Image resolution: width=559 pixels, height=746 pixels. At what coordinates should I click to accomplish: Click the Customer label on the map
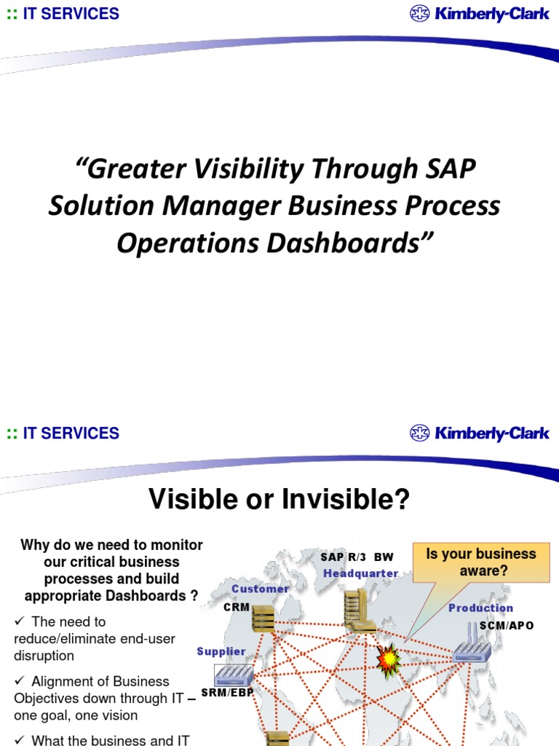261,589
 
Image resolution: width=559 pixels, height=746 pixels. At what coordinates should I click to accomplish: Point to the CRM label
237,606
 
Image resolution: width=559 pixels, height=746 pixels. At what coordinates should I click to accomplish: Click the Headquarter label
361,573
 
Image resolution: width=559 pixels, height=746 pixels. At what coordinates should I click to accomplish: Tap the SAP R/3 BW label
357,557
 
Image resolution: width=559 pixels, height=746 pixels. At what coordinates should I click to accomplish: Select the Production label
480,608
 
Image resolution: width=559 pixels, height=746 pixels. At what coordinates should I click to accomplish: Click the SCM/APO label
507,626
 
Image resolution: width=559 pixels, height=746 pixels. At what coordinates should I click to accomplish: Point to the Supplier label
221,651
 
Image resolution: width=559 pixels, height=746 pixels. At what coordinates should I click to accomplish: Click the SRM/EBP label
226,692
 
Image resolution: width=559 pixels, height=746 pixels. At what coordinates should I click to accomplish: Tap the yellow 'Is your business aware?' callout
480,562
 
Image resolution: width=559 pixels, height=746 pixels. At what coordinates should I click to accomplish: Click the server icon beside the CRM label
263,619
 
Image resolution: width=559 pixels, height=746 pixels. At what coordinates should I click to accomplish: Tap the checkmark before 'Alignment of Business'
20,681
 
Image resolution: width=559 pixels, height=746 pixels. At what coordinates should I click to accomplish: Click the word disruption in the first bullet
44,655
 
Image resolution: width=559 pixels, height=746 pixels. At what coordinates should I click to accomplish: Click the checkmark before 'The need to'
20,621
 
